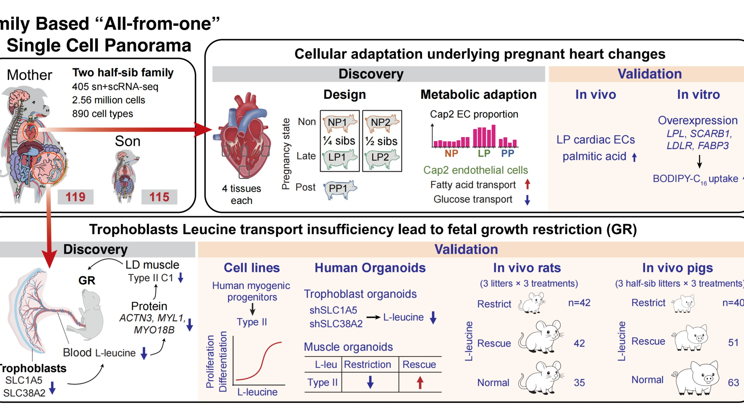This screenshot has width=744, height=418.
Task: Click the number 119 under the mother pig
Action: [75, 197]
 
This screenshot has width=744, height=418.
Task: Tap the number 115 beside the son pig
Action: [159, 197]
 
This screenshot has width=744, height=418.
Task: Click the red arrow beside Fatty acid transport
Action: [527, 184]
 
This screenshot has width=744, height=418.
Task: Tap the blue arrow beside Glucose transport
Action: [527, 200]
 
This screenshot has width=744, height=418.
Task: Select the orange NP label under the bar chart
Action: [451, 154]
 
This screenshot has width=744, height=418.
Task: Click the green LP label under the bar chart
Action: [484, 154]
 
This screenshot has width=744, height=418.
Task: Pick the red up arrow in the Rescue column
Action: [420, 382]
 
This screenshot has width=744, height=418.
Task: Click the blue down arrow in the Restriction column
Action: [370, 382]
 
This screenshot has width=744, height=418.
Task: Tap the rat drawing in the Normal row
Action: [540, 378]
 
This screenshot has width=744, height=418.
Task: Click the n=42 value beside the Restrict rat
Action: [579, 303]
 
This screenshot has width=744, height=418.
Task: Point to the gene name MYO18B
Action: [154, 330]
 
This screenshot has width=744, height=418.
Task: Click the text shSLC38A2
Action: [336, 324]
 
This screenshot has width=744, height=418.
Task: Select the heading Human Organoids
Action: [370, 268]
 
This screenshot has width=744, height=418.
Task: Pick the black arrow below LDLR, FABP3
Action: [699, 162]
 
